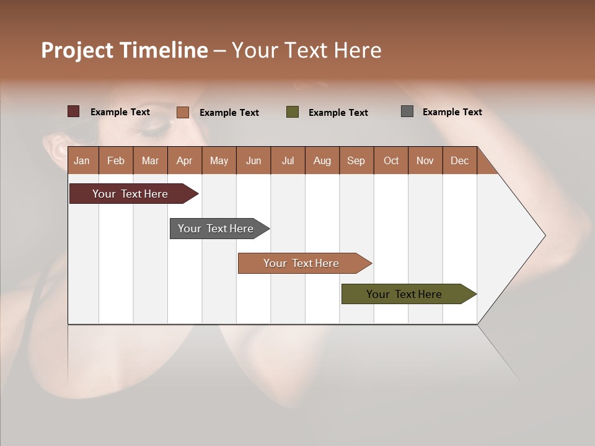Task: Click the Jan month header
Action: [82, 160]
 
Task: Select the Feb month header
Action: [116, 160]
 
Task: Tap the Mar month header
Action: [150, 160]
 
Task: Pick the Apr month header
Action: [184, 160]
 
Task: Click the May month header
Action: [219, 160]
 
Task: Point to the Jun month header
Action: [253, 160]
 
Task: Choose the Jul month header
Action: [288, 160]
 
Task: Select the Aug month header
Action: [322, 160]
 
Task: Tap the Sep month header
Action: [356, 160]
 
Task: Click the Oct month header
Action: [391, 160]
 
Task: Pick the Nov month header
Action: [425, 160]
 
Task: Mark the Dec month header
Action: [459, 160]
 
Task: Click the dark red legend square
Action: [73, 111]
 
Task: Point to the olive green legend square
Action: [293, 111]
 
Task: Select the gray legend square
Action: [407, 111]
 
